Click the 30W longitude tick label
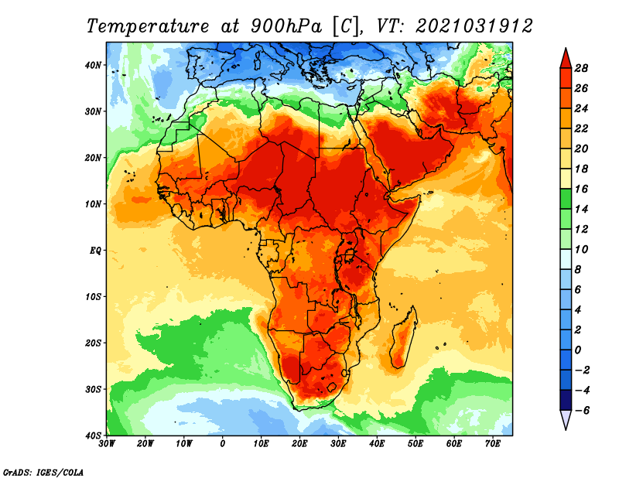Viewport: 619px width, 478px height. click(x=107, y=443)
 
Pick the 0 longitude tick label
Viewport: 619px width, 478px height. click(x=223, y=443)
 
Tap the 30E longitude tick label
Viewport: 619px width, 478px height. click(x=338, y=443)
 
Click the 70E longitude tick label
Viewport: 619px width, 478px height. click(x=493, y=443)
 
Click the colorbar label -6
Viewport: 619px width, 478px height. click(x=582, y=410)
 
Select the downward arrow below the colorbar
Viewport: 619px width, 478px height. click(x=565, y=420)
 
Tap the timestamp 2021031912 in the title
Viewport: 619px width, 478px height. click(x=474, y=26)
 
